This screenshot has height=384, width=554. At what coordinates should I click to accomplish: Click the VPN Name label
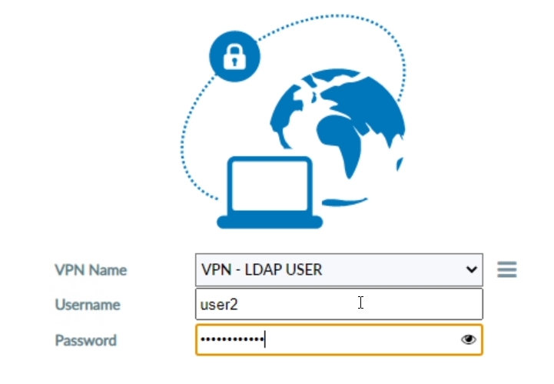(x=91, y=270)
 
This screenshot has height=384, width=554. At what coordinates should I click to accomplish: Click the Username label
(x=88, y=305)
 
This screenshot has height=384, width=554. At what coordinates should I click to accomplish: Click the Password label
(x=86, y=340)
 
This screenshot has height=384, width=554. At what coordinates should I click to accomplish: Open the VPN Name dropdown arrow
(x=471, y=269)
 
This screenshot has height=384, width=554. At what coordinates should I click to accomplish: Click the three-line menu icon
(x=507, y=269)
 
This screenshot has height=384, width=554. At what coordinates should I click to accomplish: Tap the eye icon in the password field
(x=469, y=340)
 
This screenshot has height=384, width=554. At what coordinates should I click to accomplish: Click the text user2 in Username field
(x=219, y=305)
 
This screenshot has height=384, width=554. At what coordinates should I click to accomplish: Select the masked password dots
(x=232, y=339)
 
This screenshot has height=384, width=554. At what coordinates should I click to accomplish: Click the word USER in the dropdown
(x=304, y=270)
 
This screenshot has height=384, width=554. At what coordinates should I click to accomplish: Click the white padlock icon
(x=234, y=57)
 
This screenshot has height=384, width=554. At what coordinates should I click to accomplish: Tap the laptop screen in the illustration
(x=270, y=185)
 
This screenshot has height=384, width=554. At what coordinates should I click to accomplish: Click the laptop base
(x=270, y=222)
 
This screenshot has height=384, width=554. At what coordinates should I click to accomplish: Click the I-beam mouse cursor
(x=360, y=302)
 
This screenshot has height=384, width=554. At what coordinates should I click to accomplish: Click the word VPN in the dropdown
(x=216, y=270)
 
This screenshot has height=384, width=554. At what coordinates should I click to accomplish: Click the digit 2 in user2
(x=234, y=305)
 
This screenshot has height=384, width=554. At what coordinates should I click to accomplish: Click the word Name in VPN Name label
(x=108, y=270)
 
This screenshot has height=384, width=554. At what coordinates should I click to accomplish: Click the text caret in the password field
(x=264, y=339)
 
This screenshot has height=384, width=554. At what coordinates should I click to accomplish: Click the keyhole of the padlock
(x=234, y=62)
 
